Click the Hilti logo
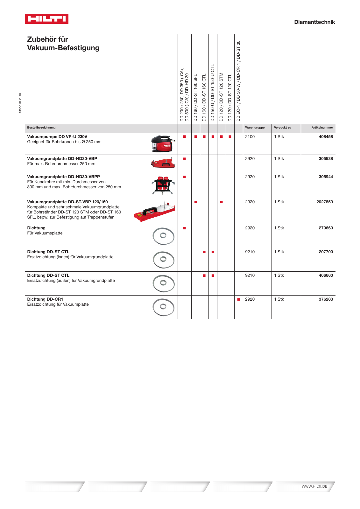(x=46, y=19)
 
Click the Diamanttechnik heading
(x=314, y=22)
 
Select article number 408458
(x=326, y=136)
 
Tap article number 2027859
(x=324, y=202)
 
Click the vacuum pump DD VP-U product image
(x=163, y=144)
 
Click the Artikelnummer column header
(x=322, y=128)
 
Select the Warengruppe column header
(x=255, y=128)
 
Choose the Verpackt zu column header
(x=282, y=128)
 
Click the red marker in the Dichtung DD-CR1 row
(x=238, y=299)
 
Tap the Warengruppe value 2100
(x=250, y=136)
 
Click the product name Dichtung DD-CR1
(x=45, y=299)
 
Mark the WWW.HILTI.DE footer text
(x=314, y=486)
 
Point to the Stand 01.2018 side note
(x=20, y=103)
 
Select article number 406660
(x=326, y=275)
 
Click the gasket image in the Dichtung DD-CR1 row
(x=163, y=307)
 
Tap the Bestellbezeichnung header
(x=41, y=128)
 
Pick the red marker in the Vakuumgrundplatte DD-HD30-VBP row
(x=185, y=159)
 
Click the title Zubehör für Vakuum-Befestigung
(x=63, y=44)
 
